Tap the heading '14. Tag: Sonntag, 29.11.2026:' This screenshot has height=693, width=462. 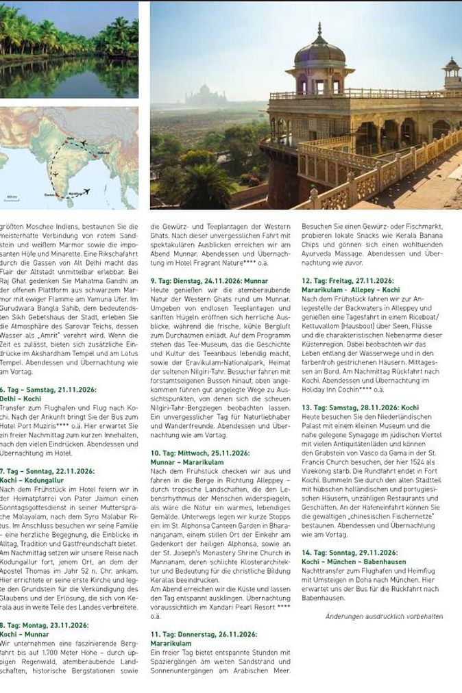click(349, 552)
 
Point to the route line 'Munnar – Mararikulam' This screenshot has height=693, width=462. click(186, 462)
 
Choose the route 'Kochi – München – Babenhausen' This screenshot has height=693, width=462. click(353, 561)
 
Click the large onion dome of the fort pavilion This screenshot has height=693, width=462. click(319, 51)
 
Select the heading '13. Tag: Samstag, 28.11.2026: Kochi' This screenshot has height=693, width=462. click(360, 407)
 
